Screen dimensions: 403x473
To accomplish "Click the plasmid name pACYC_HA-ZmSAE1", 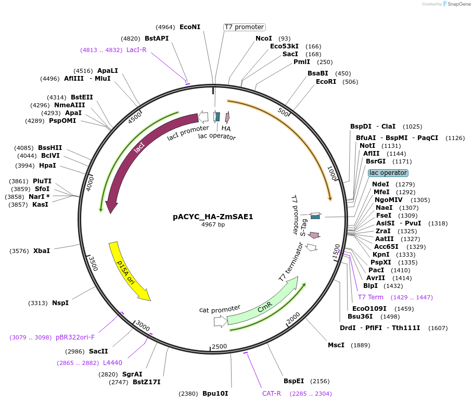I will pos(213,217).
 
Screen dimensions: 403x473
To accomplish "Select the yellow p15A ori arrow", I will pos(127,271).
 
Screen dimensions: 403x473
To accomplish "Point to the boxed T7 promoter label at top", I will pos(244,27).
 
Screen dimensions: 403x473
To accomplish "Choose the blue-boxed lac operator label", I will pos(388,173).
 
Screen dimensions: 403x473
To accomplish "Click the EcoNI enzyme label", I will pos(189,27).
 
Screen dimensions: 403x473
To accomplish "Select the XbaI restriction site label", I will pos(42,251).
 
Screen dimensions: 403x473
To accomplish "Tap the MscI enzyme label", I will pos(336,345).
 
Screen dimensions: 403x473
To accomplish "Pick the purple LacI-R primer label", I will pos(136,50).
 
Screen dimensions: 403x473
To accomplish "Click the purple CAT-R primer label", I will pos(271,394).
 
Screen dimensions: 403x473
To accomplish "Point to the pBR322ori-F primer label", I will pos(75,337).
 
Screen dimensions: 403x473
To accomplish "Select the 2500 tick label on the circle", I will pos(219,346).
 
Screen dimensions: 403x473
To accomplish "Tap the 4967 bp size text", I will pos(213,225).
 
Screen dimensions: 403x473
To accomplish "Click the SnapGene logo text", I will pos(456,4).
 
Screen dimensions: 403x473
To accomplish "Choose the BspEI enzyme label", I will pos(293,381).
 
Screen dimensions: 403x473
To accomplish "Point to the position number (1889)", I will pos(361,345).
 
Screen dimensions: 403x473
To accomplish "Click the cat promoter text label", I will pos(220,309).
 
